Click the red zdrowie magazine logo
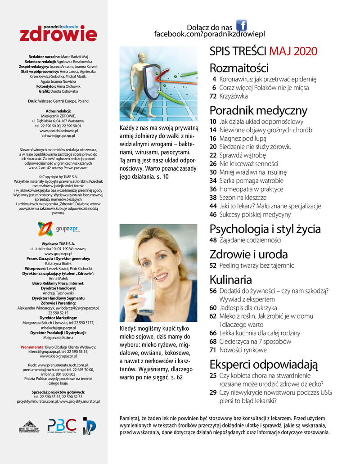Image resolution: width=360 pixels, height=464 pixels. click(58, 33)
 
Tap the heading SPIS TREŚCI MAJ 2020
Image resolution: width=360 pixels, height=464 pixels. click(264, 51)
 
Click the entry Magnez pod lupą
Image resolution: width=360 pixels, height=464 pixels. click(243, 138)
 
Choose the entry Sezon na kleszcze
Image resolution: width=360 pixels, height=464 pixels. click(243, 197)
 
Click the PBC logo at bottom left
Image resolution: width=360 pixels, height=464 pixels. click(62, 426)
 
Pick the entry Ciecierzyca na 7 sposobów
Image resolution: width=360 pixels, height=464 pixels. click(255, 341)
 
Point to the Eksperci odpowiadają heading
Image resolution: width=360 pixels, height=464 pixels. click(264, 364)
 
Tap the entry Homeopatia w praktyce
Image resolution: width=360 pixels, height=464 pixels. click(250, 189)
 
